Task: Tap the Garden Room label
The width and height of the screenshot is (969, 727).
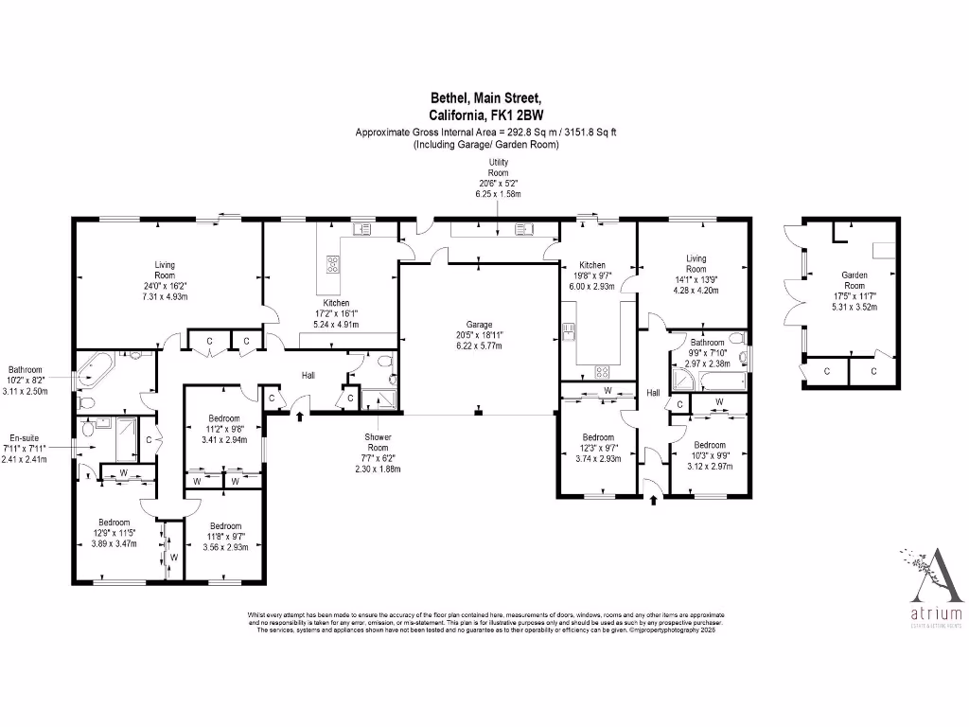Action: pos(854,280)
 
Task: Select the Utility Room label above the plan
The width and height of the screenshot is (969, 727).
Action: pos(498,168)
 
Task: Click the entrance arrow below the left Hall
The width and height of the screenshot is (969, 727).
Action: pos(300,415)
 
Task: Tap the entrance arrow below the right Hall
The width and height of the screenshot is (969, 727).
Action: pos(653,500)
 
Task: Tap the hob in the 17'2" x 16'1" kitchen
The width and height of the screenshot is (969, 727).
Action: pos(332,263)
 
